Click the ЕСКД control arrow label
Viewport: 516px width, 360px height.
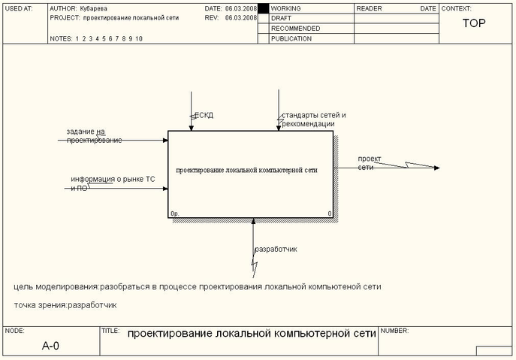(204, 115)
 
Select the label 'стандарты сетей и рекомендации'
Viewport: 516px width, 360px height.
(314, 119)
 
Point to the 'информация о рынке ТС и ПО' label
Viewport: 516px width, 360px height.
(113, 183)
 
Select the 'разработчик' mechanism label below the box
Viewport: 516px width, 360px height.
(276, 249)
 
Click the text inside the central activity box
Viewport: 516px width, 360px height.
(246, 170)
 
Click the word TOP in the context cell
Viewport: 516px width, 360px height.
(474, 23)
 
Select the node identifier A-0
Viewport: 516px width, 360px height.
(50, 346)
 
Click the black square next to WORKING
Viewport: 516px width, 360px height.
(263, 8)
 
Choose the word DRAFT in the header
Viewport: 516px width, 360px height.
(282, 18)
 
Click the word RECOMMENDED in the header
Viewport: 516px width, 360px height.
(295, 28)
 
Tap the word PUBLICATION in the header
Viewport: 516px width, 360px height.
(291, 38)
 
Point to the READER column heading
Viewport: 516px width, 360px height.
(369, 8)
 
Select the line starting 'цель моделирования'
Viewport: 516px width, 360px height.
(198, 287)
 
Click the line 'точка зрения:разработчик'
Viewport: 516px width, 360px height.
(65, 305)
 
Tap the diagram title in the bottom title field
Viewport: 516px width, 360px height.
(251, 333)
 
